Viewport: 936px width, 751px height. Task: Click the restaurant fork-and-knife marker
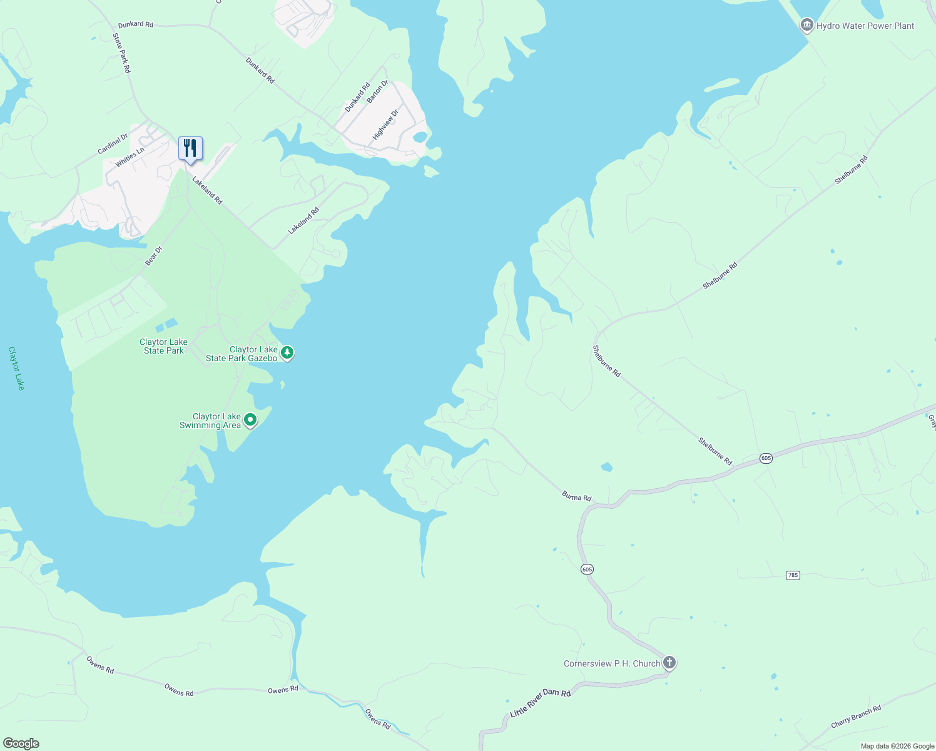coord(190,148)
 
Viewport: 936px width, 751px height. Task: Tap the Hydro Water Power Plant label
coord(865,26)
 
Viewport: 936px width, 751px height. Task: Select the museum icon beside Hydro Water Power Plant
coord(806,25)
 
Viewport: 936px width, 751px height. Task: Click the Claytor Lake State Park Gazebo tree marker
coord(287,353)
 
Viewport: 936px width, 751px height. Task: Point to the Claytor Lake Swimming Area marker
coord(250,420)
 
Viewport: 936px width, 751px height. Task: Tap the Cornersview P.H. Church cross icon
coord(669,662)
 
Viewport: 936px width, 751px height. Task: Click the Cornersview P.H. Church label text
coord(611,663)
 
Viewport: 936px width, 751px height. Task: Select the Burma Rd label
coord(576,497)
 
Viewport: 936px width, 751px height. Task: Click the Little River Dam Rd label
coord(540,703)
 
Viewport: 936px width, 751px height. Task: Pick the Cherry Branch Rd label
coord(856,717)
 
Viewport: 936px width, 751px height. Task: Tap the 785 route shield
coord(793,575)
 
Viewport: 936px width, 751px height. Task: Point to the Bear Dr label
coord(153,256)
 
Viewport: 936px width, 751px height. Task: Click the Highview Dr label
coord(385,125)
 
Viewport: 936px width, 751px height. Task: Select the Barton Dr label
coord(377,91)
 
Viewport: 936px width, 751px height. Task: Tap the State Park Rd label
coord(121,53)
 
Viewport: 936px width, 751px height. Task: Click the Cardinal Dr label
coord(113,144)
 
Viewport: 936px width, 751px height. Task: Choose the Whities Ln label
coord(130,157)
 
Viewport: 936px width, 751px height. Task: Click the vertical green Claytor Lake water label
coord(16,368)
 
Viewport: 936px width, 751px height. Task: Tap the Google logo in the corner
coord(21,743)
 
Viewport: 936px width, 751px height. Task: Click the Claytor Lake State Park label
coord(163,346)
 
